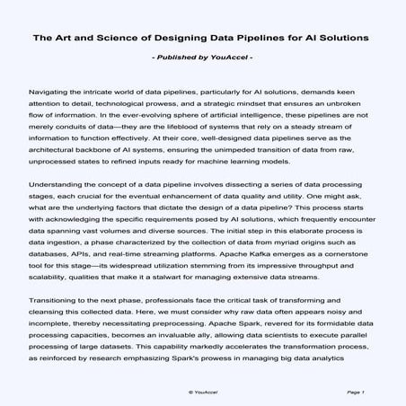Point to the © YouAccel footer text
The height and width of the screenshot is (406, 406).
(x=203, y=393)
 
